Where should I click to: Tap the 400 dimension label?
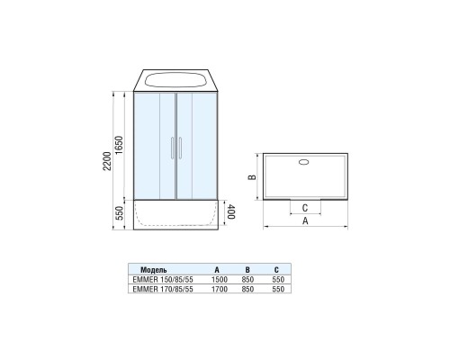tap(231, 213)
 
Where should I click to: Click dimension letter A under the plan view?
tap(307, 220)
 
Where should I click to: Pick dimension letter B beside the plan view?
tap(254, 177)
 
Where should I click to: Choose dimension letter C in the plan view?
tap(306, 205)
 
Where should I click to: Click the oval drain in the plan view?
tap(302, 163)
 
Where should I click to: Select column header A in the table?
tap(217, 269)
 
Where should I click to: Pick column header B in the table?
tap(247, 269)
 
